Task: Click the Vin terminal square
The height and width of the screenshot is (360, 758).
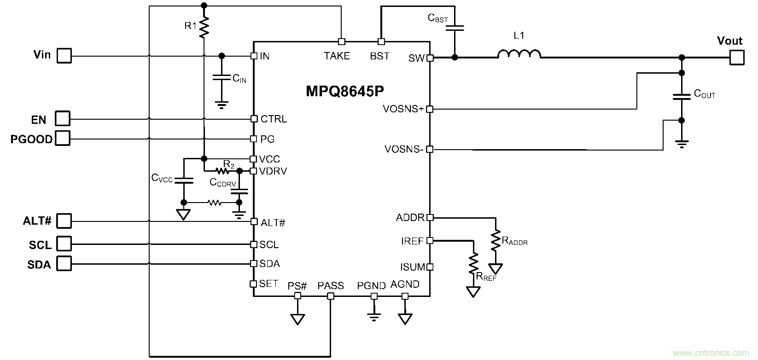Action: [64, 56]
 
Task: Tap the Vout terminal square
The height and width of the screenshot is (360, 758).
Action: [737, 58]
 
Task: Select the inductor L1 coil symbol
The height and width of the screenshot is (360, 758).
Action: [519, 54]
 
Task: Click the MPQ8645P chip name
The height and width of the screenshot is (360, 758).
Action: [345, 91]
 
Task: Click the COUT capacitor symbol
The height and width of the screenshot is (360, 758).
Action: [682, 97]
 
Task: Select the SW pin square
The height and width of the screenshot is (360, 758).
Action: [430, 58]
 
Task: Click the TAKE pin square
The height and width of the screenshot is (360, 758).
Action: [341, 41]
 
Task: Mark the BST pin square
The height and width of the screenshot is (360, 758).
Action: [381, 41]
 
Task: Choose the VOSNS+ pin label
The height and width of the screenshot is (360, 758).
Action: [403, 109]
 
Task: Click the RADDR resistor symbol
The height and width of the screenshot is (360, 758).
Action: [496, 241]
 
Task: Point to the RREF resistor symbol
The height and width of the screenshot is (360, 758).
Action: [473, 264]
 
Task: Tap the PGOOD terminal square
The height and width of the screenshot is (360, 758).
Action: [63, 139]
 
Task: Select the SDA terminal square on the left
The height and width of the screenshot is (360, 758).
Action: [64, 264]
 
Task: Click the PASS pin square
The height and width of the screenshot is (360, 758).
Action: [330, 296]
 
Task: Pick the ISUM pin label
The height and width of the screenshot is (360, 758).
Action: [412, 267]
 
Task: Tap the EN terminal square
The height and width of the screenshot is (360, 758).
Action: [63, 119]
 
